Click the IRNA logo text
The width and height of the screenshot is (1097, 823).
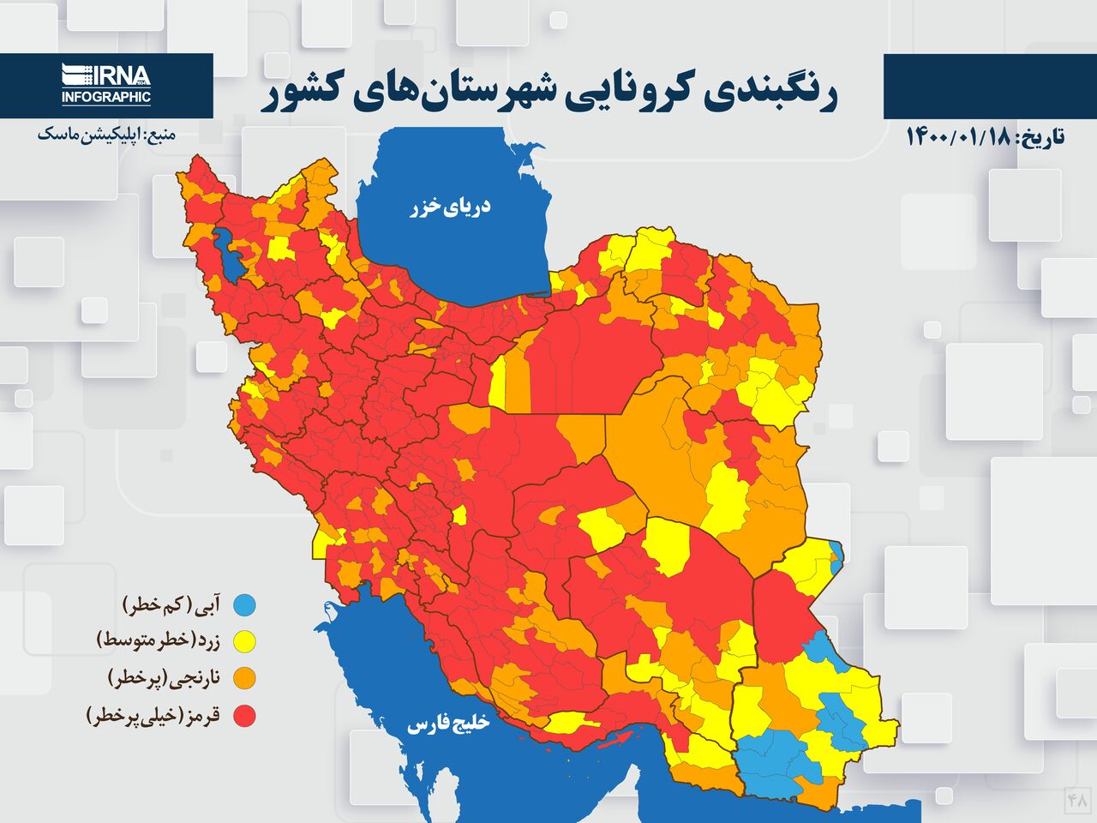[106, 75]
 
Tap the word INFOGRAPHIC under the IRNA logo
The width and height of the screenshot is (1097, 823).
[106, 97]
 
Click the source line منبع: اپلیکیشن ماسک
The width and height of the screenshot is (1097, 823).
[106, 135]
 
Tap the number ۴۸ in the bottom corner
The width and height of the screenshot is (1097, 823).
[1076, 800]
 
